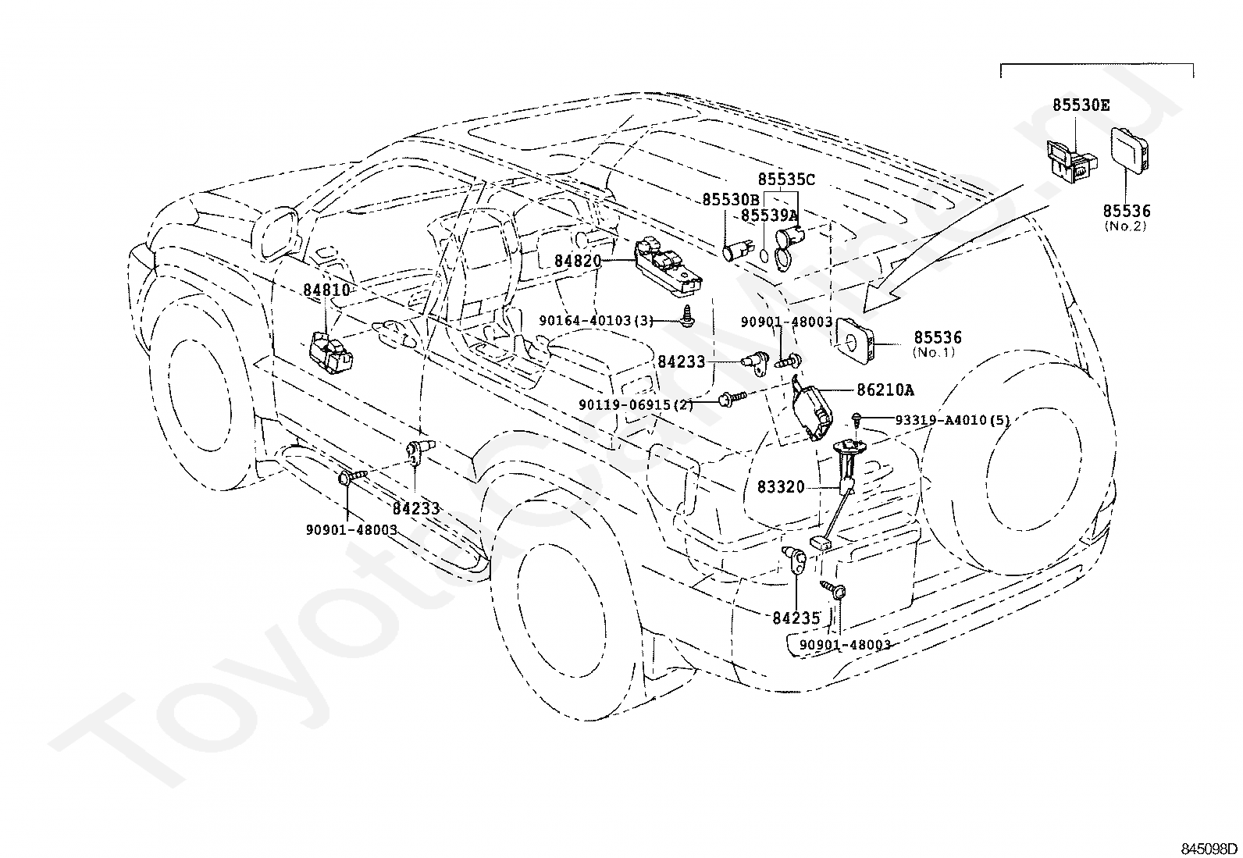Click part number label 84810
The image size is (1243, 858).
click(326, 290)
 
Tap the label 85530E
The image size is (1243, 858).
click(1081, 105)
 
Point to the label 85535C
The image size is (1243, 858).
click(786, 180)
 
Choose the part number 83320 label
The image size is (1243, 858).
click(781, 486)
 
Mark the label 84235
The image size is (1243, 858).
click(796, 618)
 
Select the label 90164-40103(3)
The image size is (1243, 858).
click(597, 320)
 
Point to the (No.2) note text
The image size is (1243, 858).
click(1126, 226)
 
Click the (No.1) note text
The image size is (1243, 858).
click(934, 353)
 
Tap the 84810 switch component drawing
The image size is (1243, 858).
click(332, 351)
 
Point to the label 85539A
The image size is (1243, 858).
click(769, 215)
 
